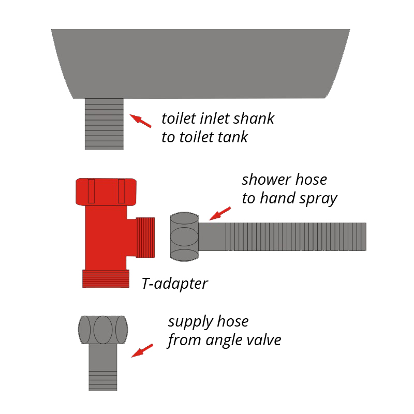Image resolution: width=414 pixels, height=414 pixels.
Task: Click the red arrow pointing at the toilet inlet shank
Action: tap(140, 121)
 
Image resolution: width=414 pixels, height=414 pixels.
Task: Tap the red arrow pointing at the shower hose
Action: tap(220, 213)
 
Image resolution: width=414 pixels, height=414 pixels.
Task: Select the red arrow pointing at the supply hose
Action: tap(142, 351)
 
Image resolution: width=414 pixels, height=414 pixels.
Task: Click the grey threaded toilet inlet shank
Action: tap(104, 124)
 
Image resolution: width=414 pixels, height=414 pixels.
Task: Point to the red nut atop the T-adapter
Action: tap(106, 192)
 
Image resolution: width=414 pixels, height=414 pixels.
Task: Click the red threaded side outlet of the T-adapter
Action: tap(145, 238)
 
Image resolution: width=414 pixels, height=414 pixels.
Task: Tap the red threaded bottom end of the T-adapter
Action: tap(106, 278)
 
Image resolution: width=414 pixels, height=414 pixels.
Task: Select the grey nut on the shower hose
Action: tap(184, 236)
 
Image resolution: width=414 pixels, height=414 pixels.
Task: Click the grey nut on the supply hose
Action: tap(103, 330)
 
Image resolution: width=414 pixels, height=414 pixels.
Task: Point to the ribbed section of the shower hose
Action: tap(296, 236)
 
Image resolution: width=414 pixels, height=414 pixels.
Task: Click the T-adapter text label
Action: tap(175, 284)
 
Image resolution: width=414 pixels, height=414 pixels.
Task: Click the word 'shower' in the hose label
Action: tap(267, 180)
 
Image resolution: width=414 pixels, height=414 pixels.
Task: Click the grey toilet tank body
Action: tap(201, 64)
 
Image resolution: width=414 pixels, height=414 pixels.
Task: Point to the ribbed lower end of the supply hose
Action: tap(103, 381)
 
